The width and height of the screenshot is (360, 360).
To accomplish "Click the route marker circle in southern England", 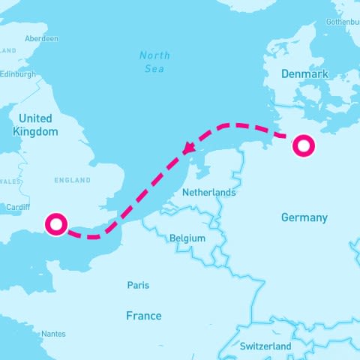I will point(56,223).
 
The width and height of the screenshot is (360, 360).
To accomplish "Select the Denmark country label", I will point(304,74).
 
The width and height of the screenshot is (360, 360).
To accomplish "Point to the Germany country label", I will point(304,217).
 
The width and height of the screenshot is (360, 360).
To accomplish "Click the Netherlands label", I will point(209,193).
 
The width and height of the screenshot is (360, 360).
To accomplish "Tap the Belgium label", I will point(187,238).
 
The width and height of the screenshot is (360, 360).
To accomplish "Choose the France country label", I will point(143,316).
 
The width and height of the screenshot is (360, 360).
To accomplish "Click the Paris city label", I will point(138,286).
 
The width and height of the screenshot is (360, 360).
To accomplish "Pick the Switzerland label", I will point(265,346).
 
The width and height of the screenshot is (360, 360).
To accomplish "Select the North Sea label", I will point(154,62).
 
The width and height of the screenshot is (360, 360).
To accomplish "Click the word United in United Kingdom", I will point(35,118).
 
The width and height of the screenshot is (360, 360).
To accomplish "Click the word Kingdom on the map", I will point(35,132).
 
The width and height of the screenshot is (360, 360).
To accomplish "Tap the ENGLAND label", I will point(72,180).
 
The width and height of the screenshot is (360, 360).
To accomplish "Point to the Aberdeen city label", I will point(41,38).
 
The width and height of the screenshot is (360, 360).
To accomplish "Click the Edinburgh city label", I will point(18,74).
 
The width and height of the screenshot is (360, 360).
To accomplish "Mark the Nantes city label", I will point(53,334).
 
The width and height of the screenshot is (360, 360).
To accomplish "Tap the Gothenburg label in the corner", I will point(343,22).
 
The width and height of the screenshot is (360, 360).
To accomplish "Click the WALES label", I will point(9,181).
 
